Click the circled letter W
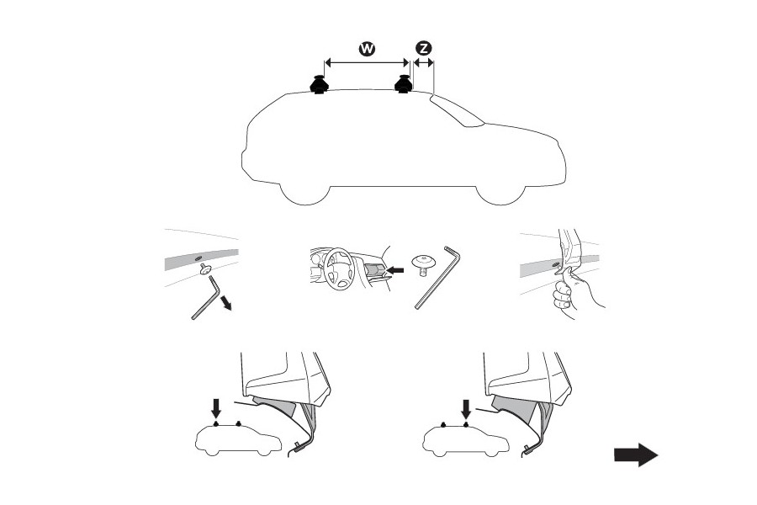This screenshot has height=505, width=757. [367, 48]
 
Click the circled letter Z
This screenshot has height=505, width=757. [423, 48]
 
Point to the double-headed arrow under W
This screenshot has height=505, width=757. [367, 62]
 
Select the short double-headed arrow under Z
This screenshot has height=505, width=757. [423, 62]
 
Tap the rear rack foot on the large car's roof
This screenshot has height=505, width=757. [319, 85]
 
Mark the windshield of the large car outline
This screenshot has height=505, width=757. [458, 111]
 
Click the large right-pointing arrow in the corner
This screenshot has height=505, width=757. [635, 455]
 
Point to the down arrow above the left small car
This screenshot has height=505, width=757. [216, 408]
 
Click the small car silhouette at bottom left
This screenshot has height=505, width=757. [236, 439]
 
